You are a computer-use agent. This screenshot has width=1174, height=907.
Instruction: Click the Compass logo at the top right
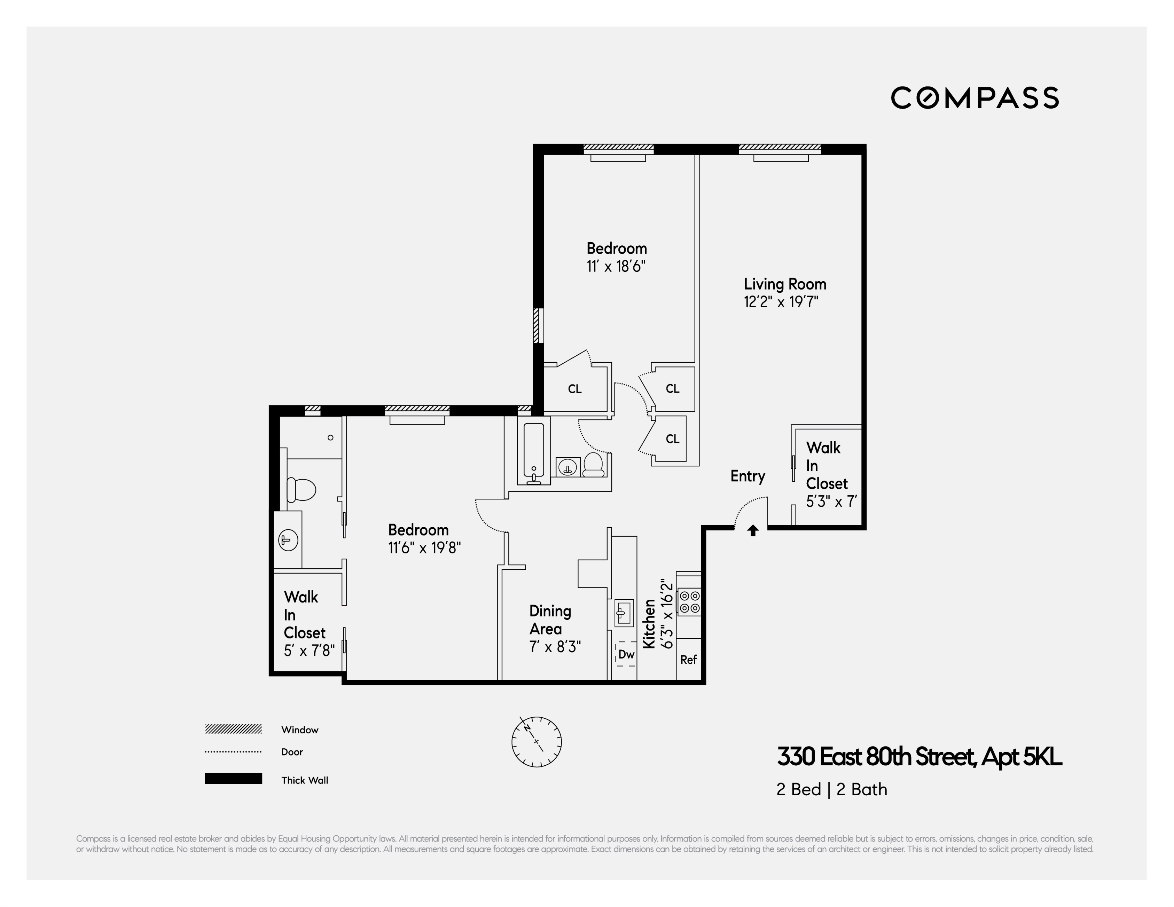coord(975,98)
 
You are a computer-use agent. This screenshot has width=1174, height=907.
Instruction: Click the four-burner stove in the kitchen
coord(689,602)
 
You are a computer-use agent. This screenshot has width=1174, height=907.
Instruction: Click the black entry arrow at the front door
coord(753,530)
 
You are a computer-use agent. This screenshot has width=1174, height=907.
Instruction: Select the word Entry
coord(747,476)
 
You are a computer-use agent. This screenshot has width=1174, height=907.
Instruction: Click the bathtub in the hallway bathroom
coord(534,451)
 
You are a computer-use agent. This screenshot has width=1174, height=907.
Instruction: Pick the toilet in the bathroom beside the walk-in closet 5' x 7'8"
coord(301,489)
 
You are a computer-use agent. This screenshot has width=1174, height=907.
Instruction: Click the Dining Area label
coord(550,620)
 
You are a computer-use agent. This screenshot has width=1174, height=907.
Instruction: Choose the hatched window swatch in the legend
coord(233,729)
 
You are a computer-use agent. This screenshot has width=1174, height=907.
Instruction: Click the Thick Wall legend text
coord(304,780)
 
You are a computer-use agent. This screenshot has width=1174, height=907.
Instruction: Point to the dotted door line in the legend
coord(233,752)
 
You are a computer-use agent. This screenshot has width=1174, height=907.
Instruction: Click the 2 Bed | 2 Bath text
coord(831,789)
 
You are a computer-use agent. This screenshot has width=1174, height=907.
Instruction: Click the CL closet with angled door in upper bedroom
coord(574,388)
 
